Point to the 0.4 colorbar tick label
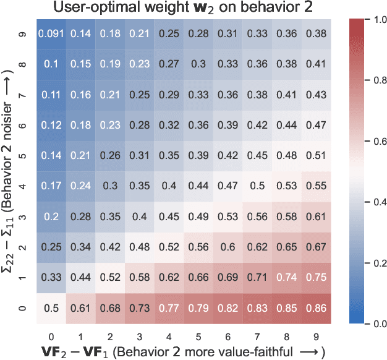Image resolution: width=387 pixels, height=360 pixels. pyautogui.click(x=366, y=202)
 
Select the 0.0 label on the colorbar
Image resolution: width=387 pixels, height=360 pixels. pyautogui.click(x=366, y=323)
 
